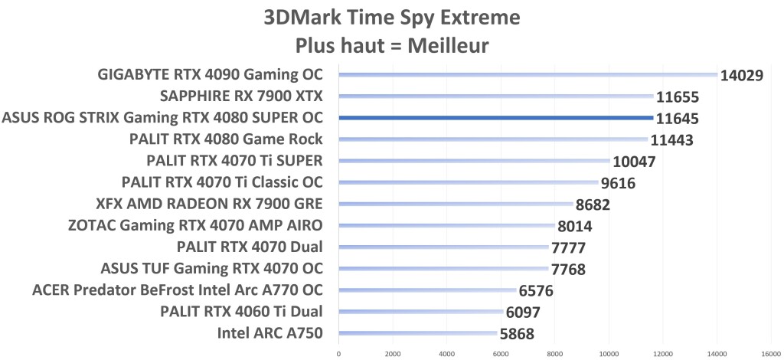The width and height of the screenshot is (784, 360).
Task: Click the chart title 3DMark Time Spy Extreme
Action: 391,17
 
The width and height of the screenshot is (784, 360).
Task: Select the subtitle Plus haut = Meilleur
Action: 391,45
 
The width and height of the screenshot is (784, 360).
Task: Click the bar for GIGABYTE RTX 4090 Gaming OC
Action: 528,75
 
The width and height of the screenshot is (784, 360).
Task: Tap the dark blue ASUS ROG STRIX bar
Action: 495,118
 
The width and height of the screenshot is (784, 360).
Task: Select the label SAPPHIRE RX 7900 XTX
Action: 241,96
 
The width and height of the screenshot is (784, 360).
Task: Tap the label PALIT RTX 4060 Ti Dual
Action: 241,311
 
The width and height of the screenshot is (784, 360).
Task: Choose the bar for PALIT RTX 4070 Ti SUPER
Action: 474,161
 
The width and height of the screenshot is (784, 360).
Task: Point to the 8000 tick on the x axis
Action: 554,353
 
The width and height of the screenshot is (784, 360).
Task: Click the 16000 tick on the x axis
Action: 770,353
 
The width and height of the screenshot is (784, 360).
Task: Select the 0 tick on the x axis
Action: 338,353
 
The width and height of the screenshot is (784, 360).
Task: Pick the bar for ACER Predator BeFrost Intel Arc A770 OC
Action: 427,290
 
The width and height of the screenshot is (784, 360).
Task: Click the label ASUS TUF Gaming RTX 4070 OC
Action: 212,268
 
